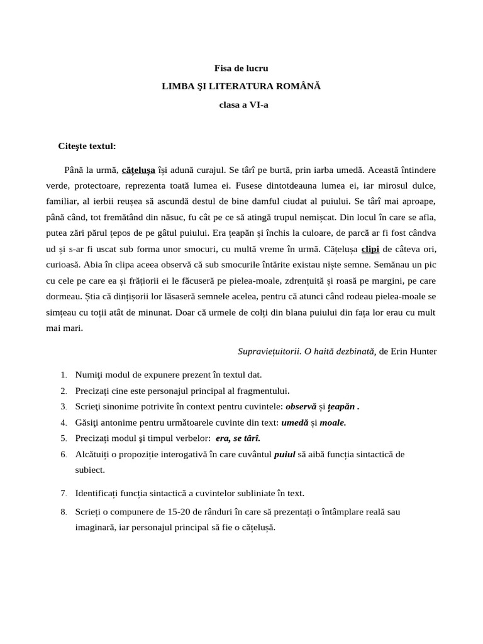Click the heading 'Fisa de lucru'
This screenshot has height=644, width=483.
pyautogui.click(x=241, y=68)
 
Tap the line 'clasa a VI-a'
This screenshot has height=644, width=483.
pyautogui.click(x=241, y=105)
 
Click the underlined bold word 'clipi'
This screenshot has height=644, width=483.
pyautogui.click(x=370, y=248)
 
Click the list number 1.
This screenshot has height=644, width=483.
pyautogui.click(x=64, y=375)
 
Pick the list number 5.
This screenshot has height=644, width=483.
pyautogui.click(x=64, y=438)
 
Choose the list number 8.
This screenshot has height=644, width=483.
pyautogui.click(x=64, y=512)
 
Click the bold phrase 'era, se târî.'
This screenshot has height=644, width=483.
pyautogui.click(x=238, y=438)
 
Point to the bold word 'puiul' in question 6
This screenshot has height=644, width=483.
pyautogui.click(x=285, y=453)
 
